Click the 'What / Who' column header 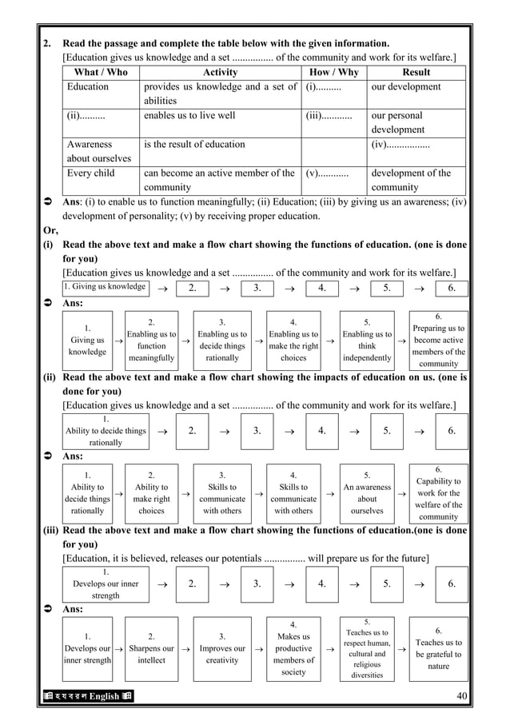point(101,72)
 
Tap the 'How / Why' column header point(334,72)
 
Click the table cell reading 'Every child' point(91,173)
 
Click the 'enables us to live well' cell point(189,116)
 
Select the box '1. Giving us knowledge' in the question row point(106,287)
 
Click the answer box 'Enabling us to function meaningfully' point(151,341)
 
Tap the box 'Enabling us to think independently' point(367,341)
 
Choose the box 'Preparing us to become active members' point(438,341)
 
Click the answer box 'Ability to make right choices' point(151,493)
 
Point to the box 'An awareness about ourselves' point(367,493)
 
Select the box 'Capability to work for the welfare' point(438,493)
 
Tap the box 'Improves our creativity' point(222,648)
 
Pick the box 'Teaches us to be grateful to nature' point(438,648)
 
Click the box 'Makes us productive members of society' point(293,648)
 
